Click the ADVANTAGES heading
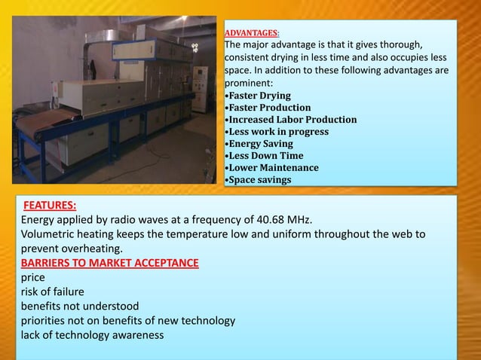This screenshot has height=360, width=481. [252, 33]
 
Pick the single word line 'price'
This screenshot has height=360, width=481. [34, 277]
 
